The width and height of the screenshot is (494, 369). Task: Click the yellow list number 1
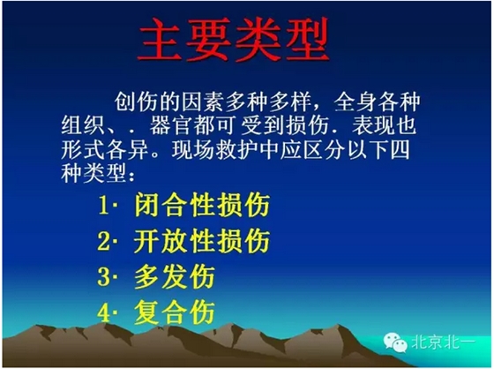[103, 207]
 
